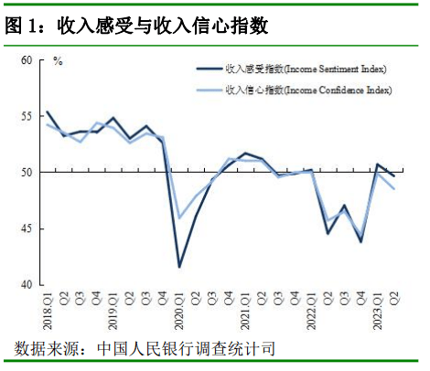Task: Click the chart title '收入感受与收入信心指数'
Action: point(163,26)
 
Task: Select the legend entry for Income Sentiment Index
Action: point(291,69)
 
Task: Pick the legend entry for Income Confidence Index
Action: point(294,90)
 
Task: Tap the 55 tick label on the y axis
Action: point(27,116)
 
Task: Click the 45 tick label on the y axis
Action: point(27,228)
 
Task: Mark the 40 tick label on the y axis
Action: point(27,284)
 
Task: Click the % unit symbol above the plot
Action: point(58,61)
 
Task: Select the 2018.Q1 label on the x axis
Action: point(48,311)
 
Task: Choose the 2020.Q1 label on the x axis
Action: point(179,311)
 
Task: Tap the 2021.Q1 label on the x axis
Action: point(245,311)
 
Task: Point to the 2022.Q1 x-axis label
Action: point(311,311)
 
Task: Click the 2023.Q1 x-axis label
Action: point(378,311)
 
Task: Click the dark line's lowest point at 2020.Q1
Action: point(179,267)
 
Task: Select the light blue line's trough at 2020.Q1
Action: point(179,218)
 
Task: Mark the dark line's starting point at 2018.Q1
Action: point(48,111)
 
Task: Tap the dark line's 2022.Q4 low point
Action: point(361,242)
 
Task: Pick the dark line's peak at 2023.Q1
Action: point(378,164)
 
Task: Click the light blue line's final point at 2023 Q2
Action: point(394,189)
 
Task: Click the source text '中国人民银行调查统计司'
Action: point(187,348)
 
